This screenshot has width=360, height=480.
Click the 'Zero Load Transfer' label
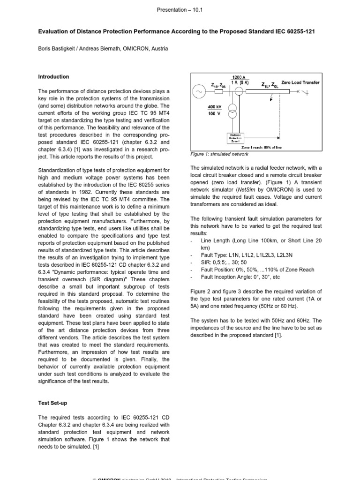pos(300,82)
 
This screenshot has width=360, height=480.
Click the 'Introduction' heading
pos(53,77)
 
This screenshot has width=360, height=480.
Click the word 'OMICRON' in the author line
pos(140,48)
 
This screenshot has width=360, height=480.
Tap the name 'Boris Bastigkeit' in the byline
pos(59,48)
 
